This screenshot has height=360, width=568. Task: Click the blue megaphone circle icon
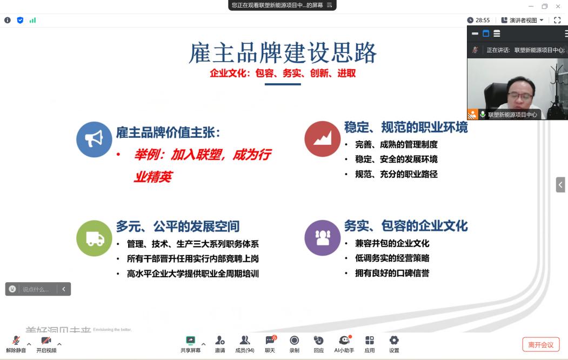tap(94, 139)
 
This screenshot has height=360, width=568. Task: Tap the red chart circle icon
tap(323, 139)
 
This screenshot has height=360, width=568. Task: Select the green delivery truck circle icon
tap(94, 238)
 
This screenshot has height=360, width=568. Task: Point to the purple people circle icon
tap(323, 238)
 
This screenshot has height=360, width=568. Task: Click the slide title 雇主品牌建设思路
tap(283, 54)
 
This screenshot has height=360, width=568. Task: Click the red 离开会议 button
tap(540, 344)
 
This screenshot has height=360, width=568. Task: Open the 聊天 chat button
tap(270, 343)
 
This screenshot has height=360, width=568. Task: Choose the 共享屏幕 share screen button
tap(190, 343)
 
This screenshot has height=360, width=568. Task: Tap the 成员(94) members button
tap(245, 343)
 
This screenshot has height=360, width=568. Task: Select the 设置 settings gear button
tap(394, 343)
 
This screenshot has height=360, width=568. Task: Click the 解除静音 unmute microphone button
tap(16, 343)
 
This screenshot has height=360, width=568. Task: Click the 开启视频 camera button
tap(46, 343)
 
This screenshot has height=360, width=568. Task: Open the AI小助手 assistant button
tap(344, 343)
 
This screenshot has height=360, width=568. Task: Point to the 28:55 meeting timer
tap(479, 20)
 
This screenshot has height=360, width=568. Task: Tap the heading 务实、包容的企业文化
tap(406, 225)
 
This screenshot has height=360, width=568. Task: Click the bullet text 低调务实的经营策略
tap(392, 258)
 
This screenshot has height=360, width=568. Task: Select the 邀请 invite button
tap(220, 343)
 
